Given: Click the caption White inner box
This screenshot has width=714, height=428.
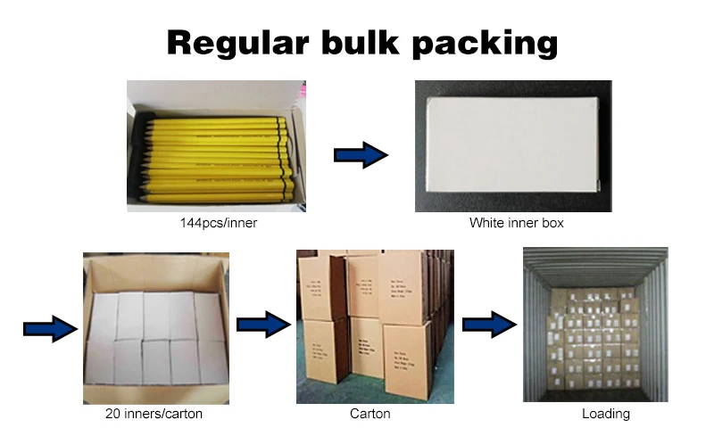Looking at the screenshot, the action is coord(517,223).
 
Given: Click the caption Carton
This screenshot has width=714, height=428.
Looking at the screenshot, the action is coord(369,414).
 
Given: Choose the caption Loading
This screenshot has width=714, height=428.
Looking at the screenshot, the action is coord(605,414).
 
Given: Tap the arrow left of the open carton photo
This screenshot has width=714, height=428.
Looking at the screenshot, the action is coord(50,328).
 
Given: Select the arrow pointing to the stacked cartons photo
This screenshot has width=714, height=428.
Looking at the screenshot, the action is coord(263,325).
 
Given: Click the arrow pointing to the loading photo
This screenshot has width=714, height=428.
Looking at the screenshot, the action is coord(489,323).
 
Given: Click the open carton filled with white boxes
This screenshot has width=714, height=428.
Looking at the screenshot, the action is coord(156,330).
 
